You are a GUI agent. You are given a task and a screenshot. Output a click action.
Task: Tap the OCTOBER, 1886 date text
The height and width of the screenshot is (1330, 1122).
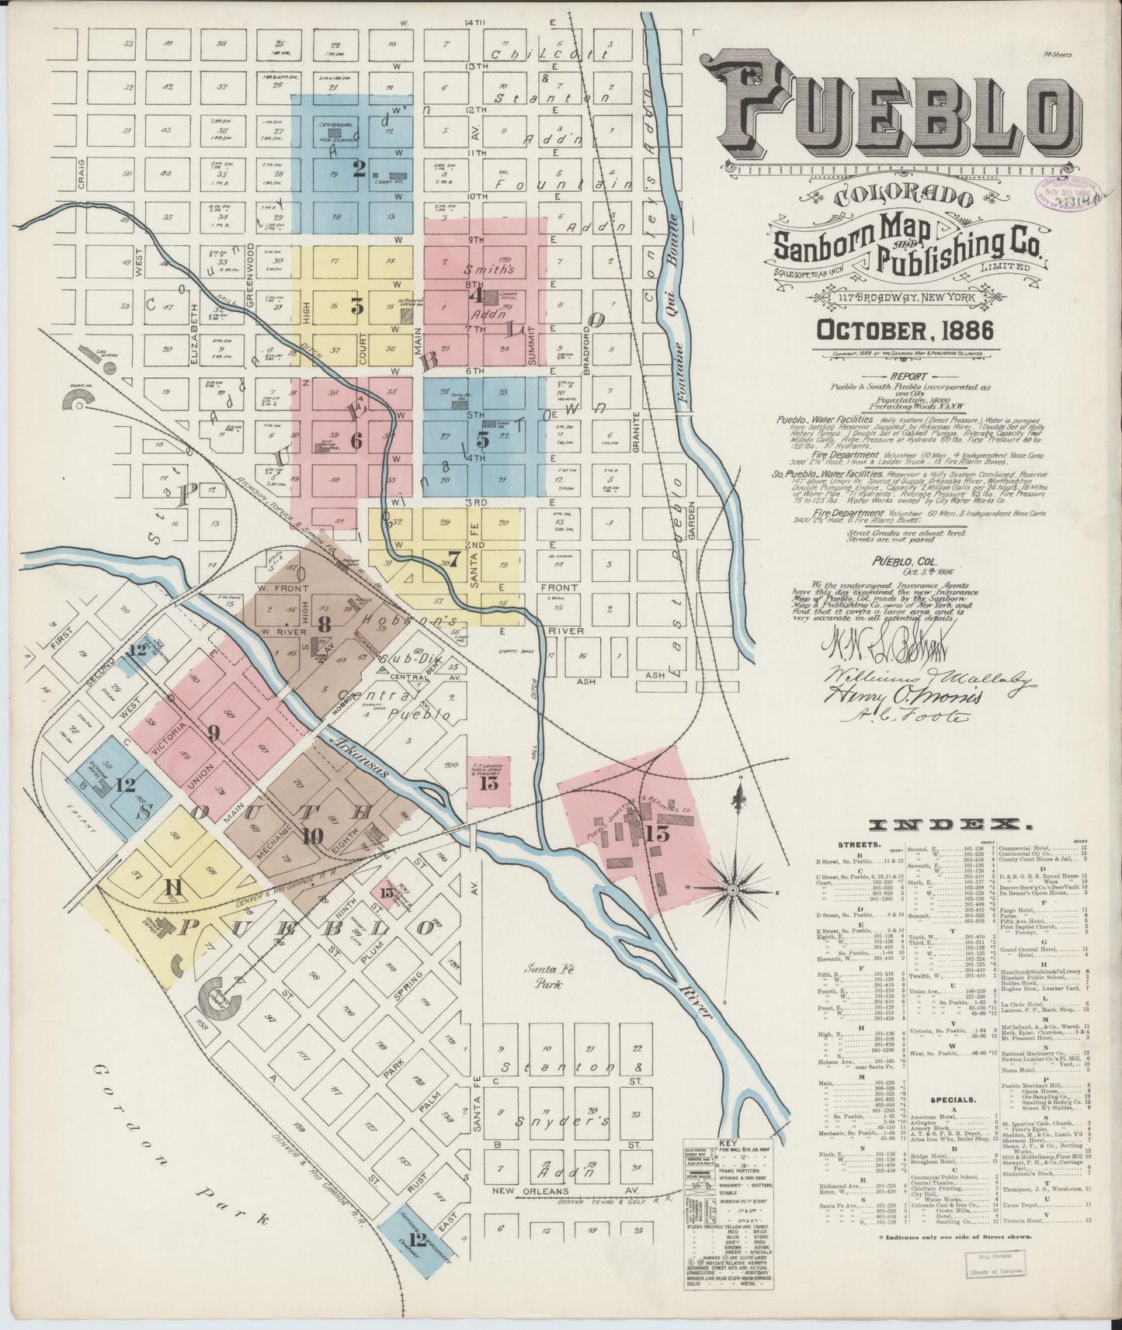pos(905,329)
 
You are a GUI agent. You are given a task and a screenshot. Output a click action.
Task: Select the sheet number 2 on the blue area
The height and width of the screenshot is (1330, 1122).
pos(358,168)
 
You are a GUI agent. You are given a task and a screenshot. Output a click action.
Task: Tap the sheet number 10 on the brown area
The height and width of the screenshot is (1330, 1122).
pos(313,835)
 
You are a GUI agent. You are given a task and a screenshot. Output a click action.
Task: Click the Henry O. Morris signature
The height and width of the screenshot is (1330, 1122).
pos(905,694)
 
